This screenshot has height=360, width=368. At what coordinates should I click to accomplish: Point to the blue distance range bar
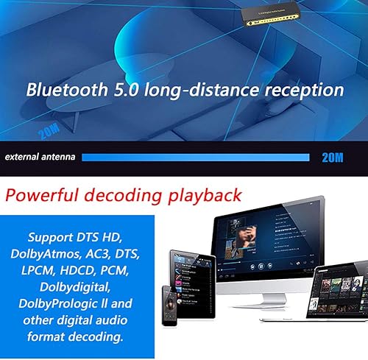(x=195, y=157)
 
